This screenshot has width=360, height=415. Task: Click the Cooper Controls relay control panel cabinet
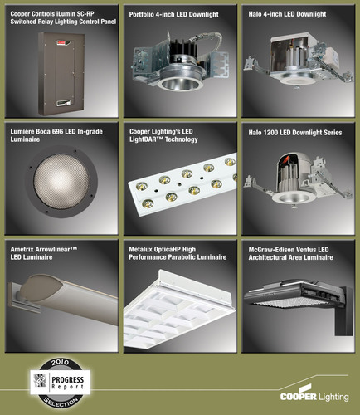point(61,74)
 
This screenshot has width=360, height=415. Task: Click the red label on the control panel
point(64,42)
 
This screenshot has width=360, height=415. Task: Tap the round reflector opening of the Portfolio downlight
point(180,84)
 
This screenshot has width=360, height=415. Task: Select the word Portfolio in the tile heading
point(142,14)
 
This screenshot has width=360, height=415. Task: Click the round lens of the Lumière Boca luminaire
point(61,181)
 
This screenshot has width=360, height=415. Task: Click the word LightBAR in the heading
point(146,139)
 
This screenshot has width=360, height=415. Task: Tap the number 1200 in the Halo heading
point(270,133)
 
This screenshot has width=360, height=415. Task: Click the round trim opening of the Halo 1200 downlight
point(294,198)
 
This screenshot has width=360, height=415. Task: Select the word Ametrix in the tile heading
point(22,249)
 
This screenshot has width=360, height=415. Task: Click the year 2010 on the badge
point(61,362)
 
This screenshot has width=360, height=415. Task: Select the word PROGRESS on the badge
point(68,379)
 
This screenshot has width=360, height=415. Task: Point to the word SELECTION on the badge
point(61,403)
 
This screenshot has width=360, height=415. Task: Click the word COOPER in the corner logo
point(298,396)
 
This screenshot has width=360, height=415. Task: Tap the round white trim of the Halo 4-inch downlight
point(297,80)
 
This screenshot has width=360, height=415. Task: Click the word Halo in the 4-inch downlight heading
point(255,14)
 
